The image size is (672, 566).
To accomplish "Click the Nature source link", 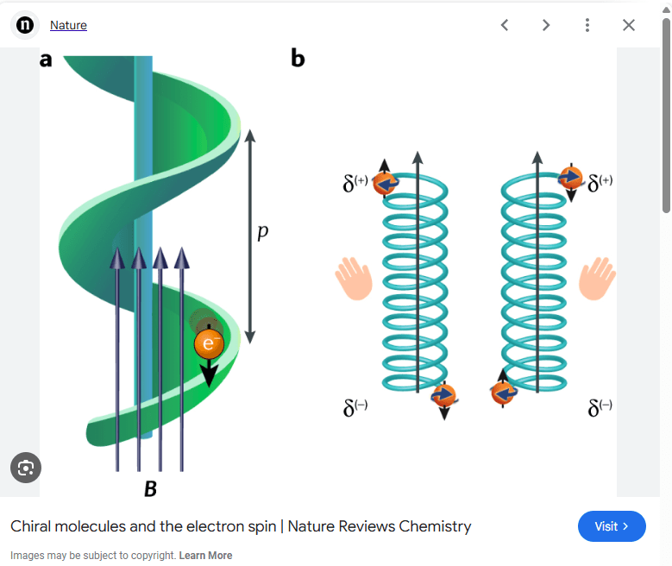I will click(x=68, y=25).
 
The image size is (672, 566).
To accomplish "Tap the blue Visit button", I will click(x=612, y=526).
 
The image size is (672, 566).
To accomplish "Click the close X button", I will click(x=629, y=25).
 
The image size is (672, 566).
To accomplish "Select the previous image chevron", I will click(x=505, y=25).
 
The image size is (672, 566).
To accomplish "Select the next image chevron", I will click(x=546, y=25).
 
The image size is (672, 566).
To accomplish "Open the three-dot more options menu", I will click(x=587, y=25).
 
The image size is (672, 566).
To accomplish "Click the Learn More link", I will click(x=205, y=556).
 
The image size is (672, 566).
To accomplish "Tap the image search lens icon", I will click(x=26, y=468).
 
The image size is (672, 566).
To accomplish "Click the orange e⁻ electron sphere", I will click(x=208, y=343).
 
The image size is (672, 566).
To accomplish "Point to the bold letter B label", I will click(x=150, y=489).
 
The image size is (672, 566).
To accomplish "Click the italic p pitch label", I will click(x=263, y=233).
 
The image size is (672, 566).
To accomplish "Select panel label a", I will click(x=46, y=60).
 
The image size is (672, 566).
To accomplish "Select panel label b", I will click(x=298, y=59).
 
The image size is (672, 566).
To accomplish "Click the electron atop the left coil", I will click(x=385, y=183).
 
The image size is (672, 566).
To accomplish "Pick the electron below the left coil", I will click(x=443, y=395).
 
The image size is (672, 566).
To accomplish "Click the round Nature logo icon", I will click(x=26, y=25).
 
